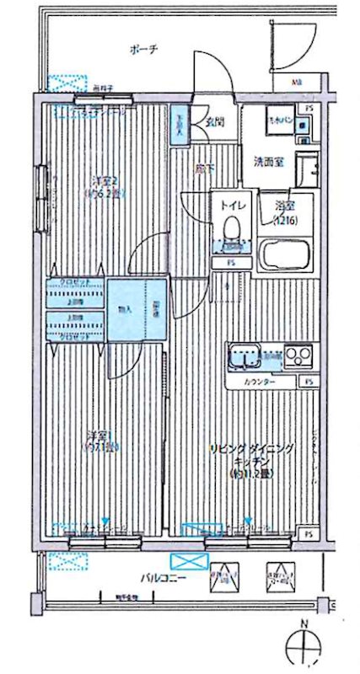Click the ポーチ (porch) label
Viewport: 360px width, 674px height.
pyautogui.click(x=143, y=50)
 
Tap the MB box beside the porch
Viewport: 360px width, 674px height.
pyautogui.click(x=298, y=83)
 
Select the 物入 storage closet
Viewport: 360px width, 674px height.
pyautogui.click(x=126, y=309)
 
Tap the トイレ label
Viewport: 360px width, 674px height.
pyautogui.click(x=232, y=203)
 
